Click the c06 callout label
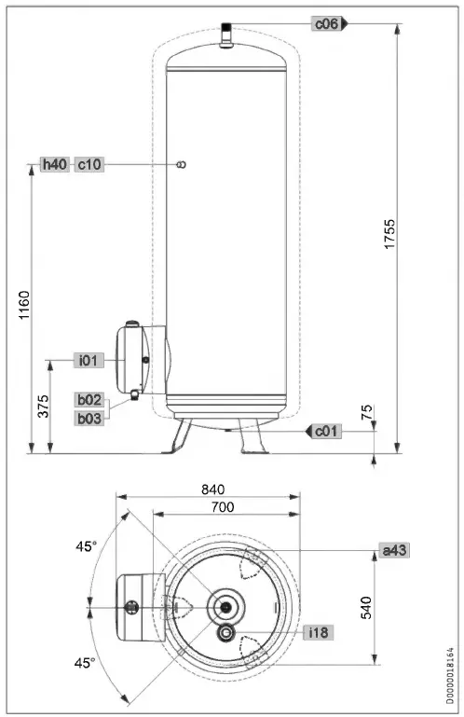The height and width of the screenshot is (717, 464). pos(325,24)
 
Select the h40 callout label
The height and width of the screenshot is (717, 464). pos(55,164)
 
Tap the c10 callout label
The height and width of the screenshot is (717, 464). pos(89,164)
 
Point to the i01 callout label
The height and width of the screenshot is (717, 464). pos(89,359)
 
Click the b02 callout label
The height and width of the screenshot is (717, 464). pos(89,400)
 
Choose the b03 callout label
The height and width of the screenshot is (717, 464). pos(89,418)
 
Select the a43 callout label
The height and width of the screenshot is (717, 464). pos(394,551)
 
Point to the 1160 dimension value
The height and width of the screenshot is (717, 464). pos(25,306)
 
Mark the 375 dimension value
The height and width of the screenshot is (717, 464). pos(43,407)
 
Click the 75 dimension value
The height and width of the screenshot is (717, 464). pos(367,410)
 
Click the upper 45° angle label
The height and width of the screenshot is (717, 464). pos(86,546)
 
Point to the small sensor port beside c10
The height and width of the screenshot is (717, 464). pos(182,164)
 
